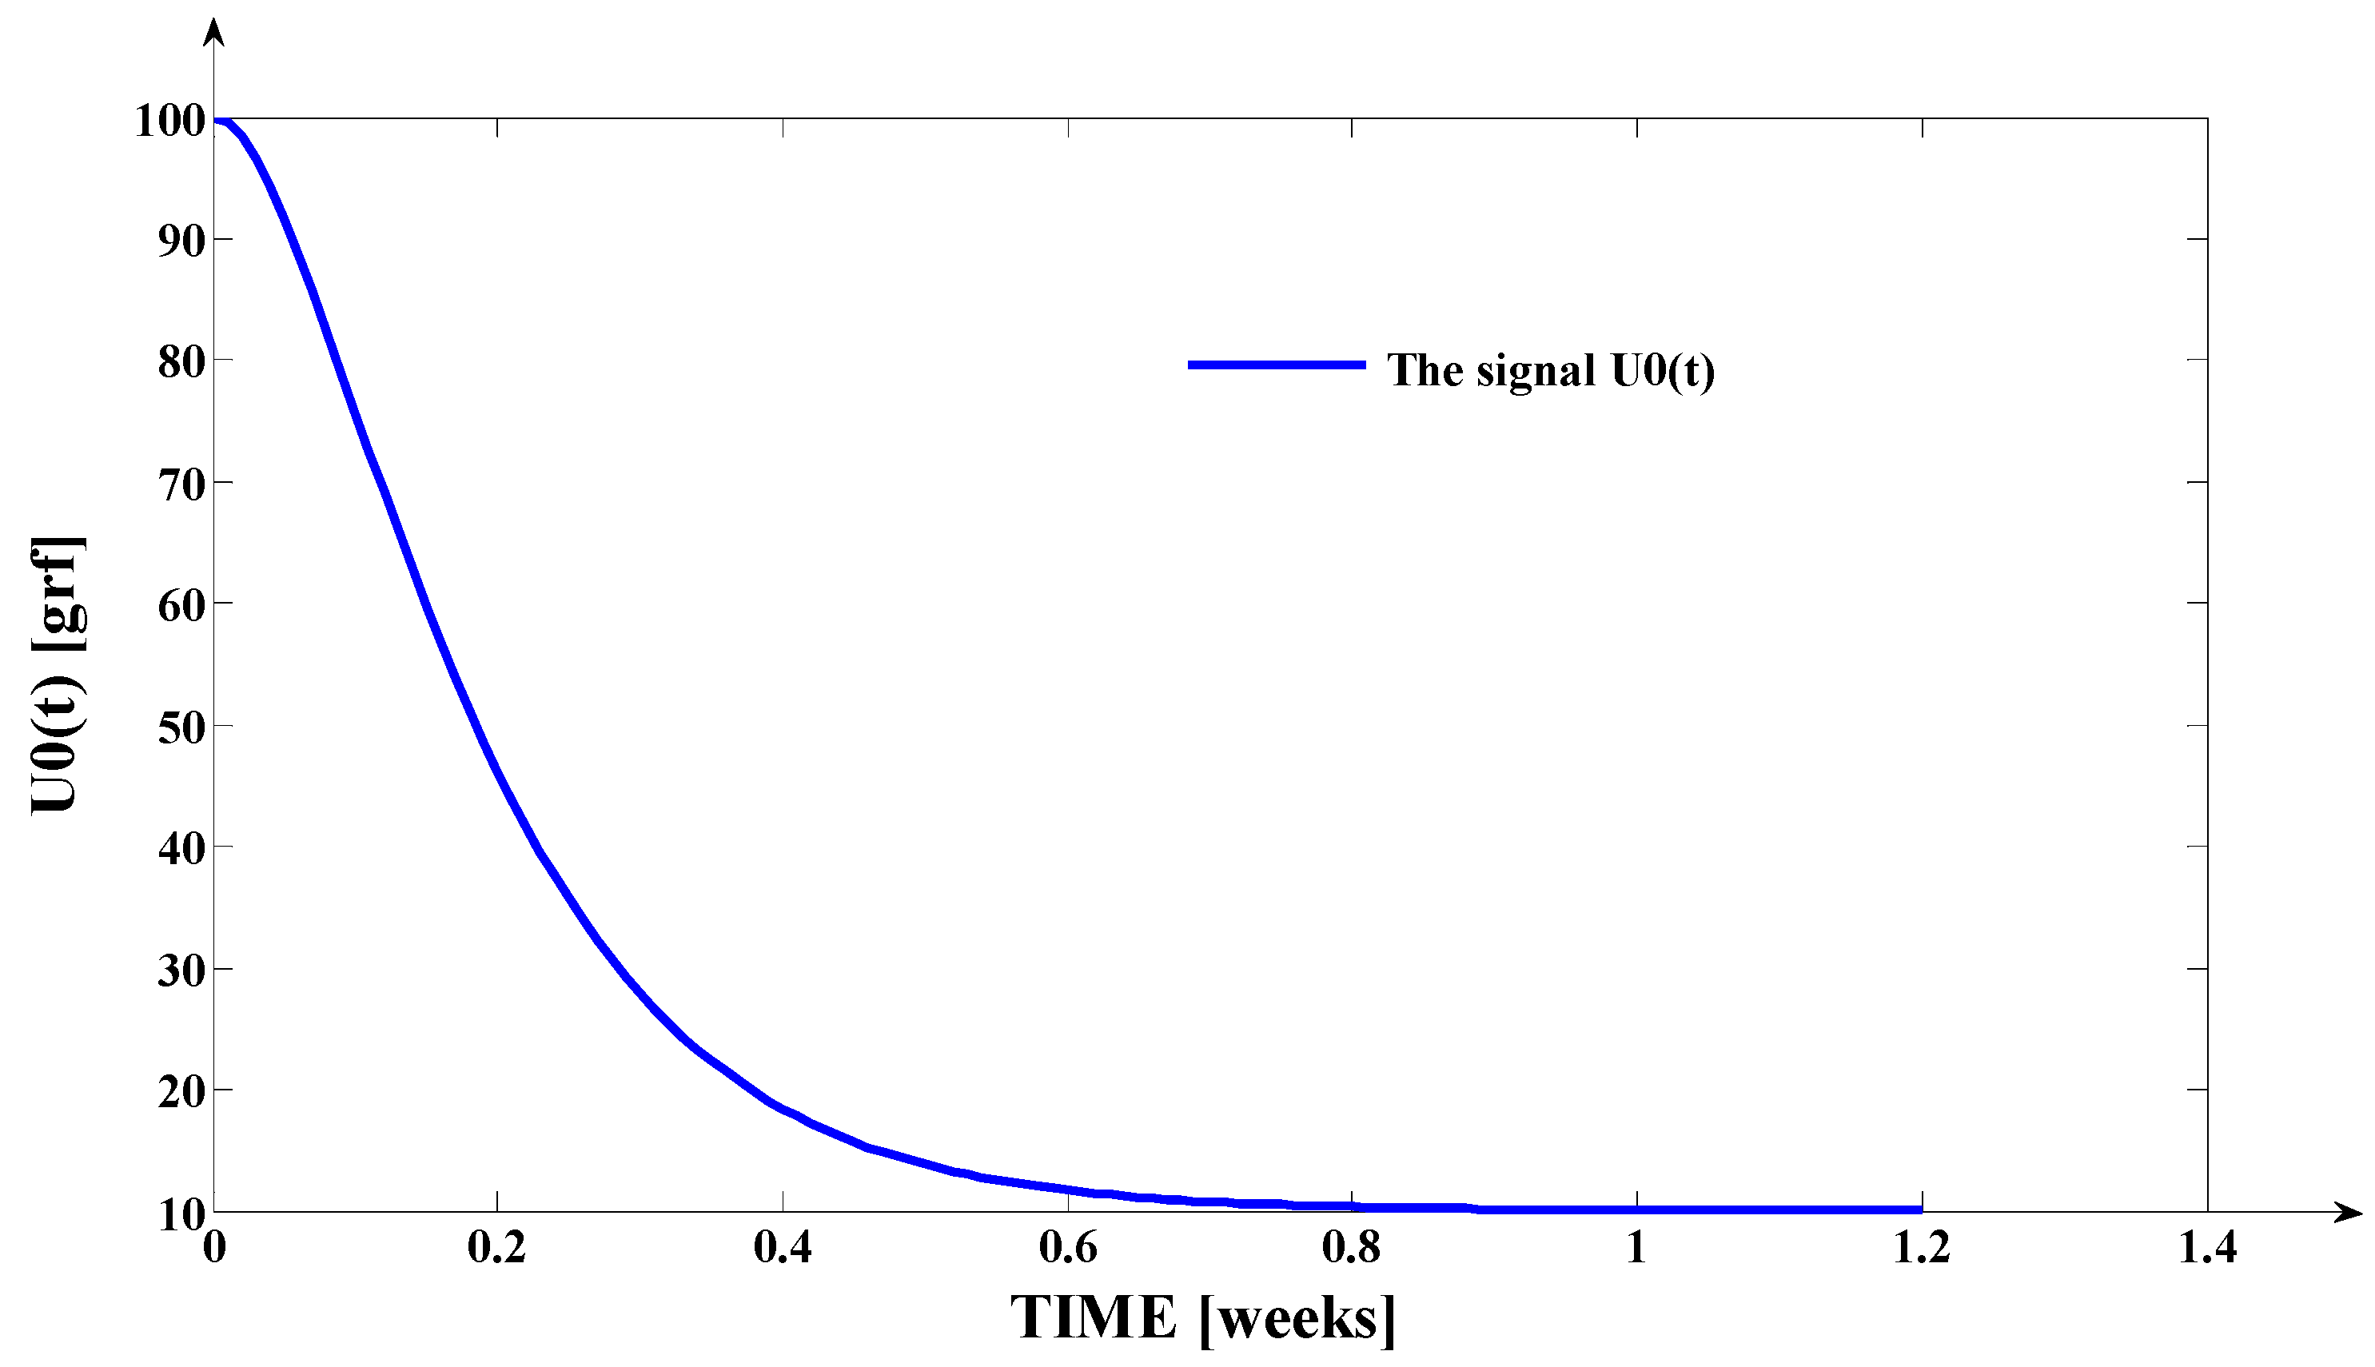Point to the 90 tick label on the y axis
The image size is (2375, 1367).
[182, 241]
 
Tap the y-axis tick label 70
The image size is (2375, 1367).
[182, 485]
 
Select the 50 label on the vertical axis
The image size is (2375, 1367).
[182, 727]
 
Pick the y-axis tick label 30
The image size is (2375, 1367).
[182, 970]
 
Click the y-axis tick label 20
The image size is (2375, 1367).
[182, 1092]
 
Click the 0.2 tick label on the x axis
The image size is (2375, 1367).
[496, 1248]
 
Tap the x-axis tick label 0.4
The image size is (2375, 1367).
[783, 1248]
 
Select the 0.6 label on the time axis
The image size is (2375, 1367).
[1068, 1248]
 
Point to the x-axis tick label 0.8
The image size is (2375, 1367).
[1352, 1248]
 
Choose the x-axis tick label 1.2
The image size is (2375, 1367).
[1922, 1248]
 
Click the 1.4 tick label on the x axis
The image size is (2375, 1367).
[2207, 1248]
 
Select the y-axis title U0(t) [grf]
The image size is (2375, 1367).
[58, 674]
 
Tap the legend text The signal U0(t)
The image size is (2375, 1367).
[1551, 370]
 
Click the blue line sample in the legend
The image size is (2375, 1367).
[1277, 365]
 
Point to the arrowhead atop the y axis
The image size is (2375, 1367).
[215, 33]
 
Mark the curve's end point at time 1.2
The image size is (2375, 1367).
[1921, 1210]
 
